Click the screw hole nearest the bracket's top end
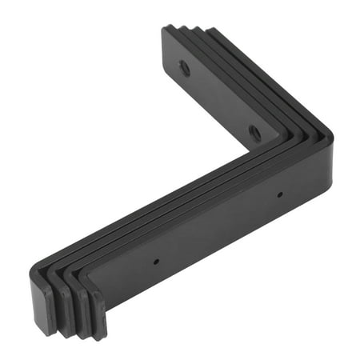click(x=185, y=68)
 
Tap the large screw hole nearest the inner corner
click(x=254, y=132)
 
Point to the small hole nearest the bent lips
click(x=155, y=261)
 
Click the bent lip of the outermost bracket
click(x=43, y=303)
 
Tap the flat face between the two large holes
click(x=220, y=100)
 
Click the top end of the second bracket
click(x=184, y=32)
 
